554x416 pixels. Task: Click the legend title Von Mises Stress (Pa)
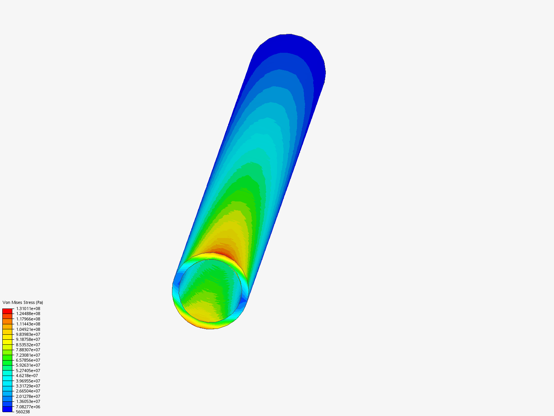click(23, 302)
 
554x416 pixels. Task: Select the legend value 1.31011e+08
click(28, 309)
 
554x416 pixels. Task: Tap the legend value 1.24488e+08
click(28, 314)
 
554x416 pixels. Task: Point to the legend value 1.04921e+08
click(28, 329)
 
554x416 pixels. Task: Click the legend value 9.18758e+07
click(28, 339)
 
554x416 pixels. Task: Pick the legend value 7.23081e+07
click(28, 355)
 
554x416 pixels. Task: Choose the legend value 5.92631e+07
click(28, 365)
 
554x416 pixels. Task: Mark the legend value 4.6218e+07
click(27, 376)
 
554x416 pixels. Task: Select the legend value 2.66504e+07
click(28, 391)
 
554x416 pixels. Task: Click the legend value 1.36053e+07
click(28, 401)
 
